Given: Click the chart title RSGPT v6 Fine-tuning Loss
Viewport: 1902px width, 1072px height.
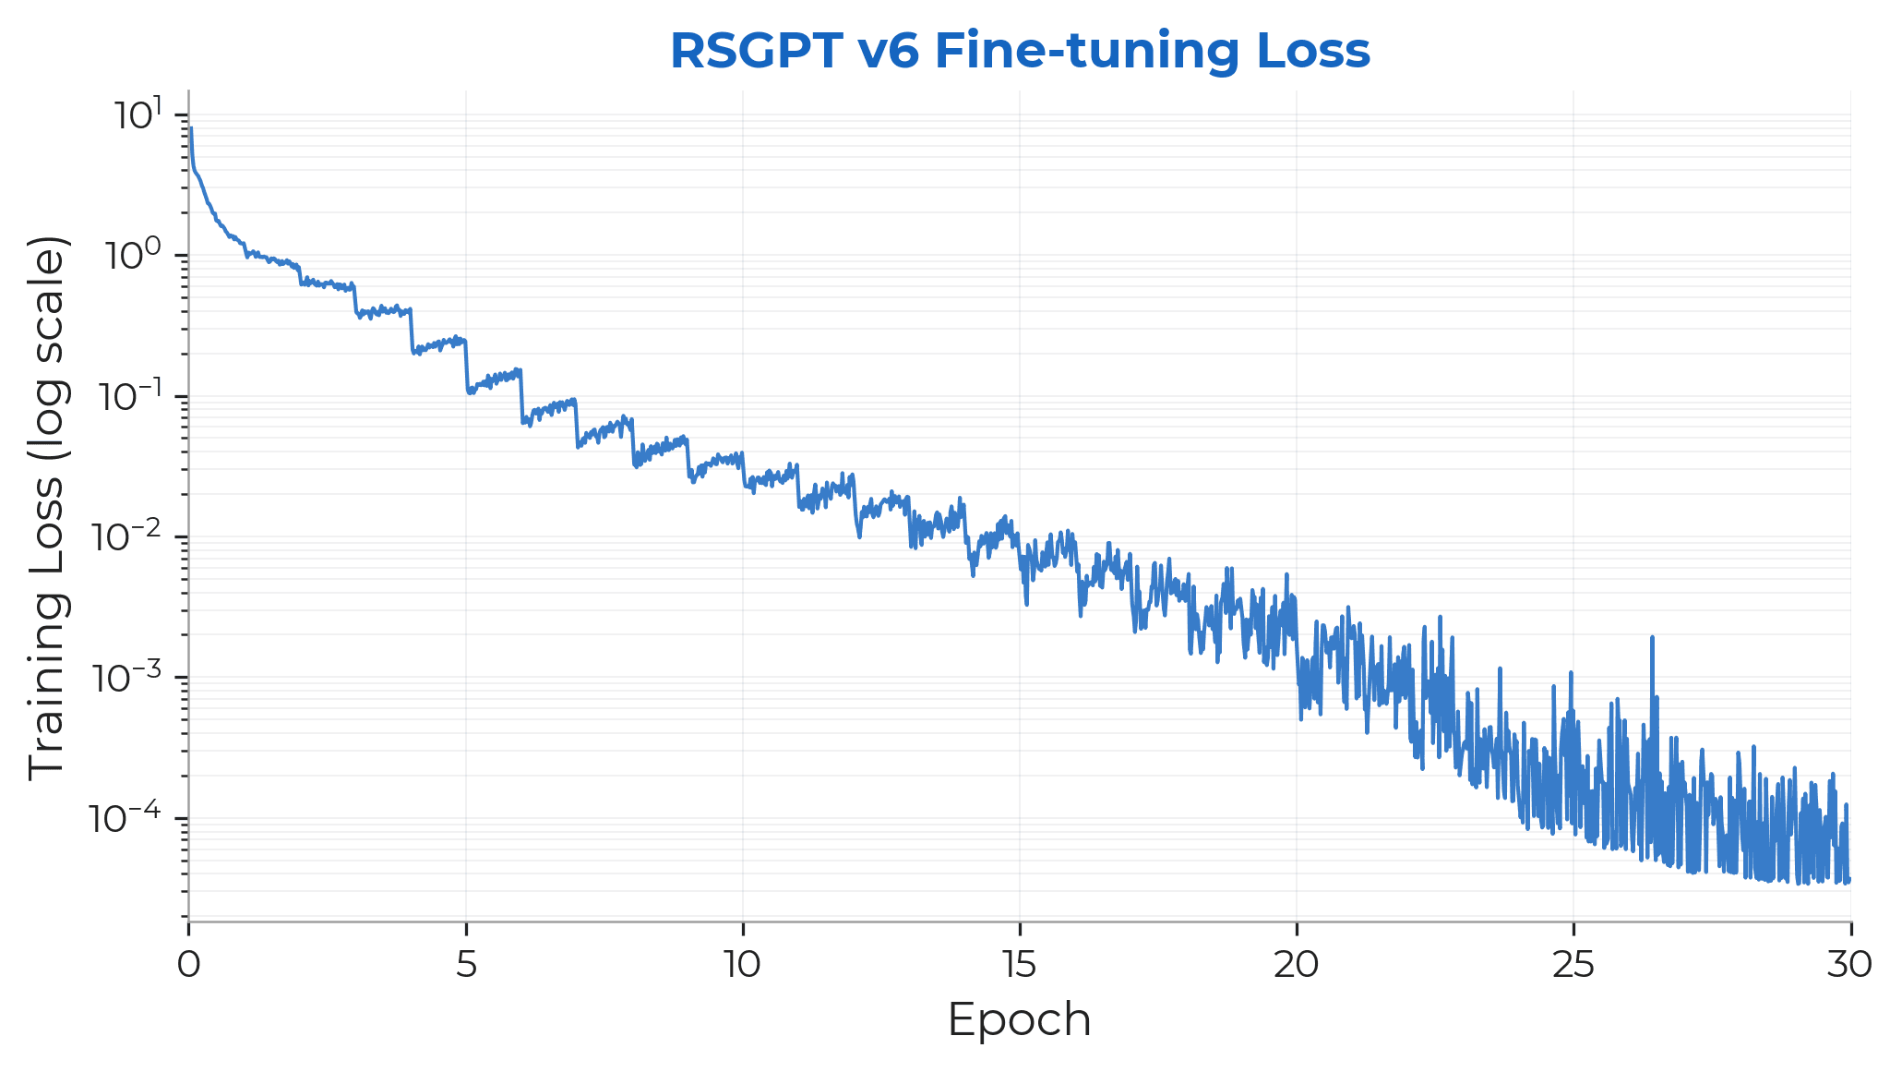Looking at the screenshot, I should tap(1020, 51).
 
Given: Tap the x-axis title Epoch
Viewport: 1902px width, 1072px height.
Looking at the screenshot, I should tap(1020, 1020).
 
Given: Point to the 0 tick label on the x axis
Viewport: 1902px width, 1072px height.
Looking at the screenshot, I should tap(189, 965).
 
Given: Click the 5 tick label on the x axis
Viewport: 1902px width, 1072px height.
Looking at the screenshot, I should tap(466, 965).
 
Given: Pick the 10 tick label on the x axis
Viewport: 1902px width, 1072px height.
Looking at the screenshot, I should tap(743, 965).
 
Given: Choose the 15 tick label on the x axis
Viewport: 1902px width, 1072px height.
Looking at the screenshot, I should tap(1020, 965).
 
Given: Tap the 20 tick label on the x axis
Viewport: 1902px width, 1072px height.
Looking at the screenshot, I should tap(1297, 965).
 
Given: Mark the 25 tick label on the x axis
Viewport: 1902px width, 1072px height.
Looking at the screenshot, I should tap(1573, 965).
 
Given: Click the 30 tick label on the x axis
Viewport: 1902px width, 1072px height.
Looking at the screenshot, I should tap(1850, 965).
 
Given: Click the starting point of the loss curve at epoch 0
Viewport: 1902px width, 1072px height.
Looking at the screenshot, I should tap(190, 129).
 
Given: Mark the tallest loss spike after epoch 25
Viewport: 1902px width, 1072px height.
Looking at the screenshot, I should tap(1652, 637).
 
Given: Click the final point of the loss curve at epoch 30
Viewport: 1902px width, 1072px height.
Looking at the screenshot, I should tap(1849, 880).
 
